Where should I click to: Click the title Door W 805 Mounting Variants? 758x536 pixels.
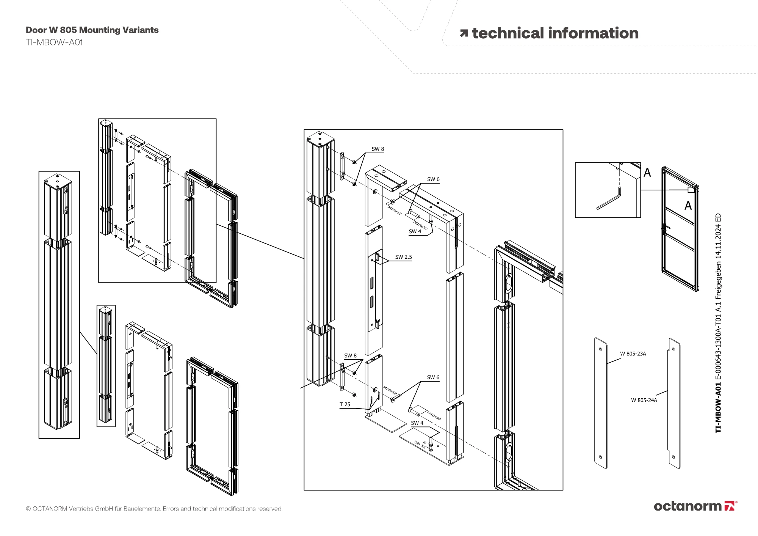coord(92,30)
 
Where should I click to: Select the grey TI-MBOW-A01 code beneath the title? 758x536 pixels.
coord(54,42)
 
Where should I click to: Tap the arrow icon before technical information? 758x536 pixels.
coord(464,33)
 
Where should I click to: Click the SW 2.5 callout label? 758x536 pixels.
coord(403,257)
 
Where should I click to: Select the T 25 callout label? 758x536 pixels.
coord(345,404)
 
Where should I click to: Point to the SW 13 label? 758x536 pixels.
coord(420,444)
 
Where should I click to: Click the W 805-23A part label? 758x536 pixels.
coord(633,354)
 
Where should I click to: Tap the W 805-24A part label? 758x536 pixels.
coord(644,400)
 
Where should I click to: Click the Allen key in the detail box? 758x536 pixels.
coord(609,199)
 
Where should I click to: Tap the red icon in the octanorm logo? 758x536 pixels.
coord(730,506)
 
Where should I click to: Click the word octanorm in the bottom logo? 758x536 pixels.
coord(688,506)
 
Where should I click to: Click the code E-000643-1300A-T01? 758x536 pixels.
coord(718,351)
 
